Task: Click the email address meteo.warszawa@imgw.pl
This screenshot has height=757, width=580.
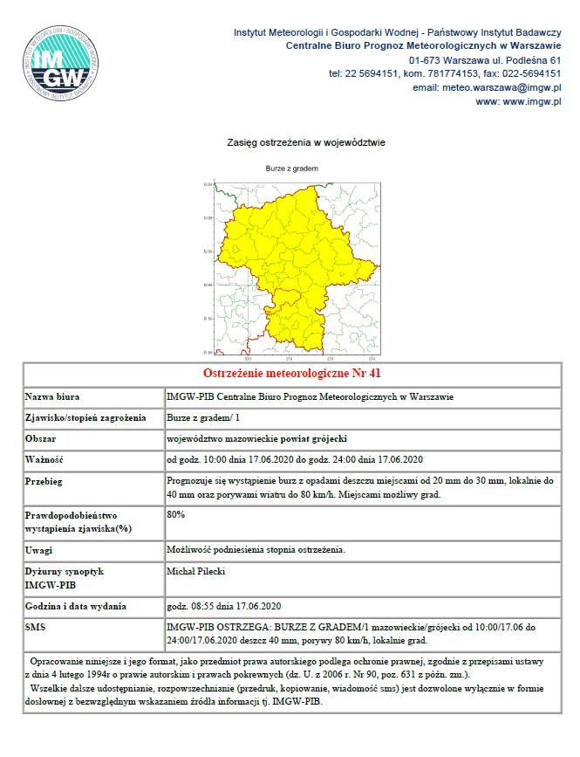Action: (487, 87)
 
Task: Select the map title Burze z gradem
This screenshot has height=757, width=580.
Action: (291, 168)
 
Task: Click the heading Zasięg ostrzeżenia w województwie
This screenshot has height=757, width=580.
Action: (305, 141)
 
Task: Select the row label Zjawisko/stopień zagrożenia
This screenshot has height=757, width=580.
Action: (85, 417)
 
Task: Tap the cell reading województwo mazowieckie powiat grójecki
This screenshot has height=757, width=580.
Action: (257, 438)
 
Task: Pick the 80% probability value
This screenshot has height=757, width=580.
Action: (175, 514)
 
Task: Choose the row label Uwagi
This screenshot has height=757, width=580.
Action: (41, 550)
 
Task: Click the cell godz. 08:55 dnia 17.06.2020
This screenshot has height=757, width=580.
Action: (222, 606)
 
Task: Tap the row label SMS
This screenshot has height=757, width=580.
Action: (38, 627)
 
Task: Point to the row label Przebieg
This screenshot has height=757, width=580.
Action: (48, 480)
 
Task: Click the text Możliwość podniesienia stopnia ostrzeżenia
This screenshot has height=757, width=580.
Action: (256, 550)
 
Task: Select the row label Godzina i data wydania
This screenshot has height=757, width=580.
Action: (76, 606)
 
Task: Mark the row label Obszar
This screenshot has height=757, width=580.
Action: (43, 438)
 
